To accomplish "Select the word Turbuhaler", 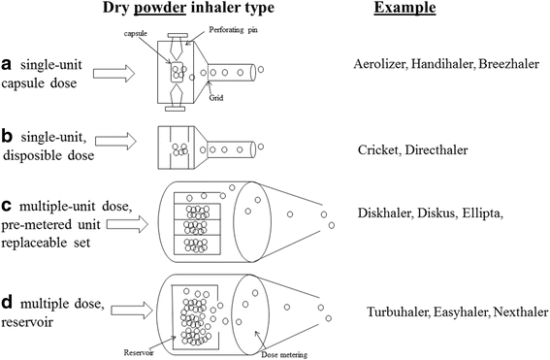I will [398, 312].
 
